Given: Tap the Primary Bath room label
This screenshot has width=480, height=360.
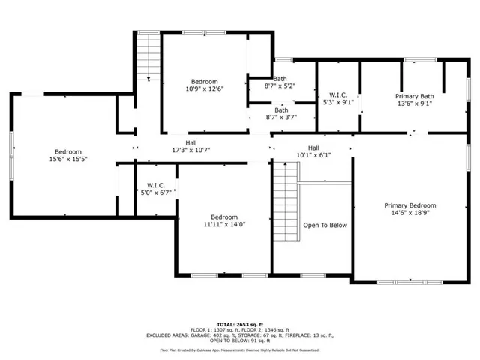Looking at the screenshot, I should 415,96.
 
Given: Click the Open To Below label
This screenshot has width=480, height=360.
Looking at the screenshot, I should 325,225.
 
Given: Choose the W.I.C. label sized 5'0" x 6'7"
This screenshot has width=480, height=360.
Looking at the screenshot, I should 156,184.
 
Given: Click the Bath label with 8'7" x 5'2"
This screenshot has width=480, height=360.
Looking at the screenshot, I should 280,79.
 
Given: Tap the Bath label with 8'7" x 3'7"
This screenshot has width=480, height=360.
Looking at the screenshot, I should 280,109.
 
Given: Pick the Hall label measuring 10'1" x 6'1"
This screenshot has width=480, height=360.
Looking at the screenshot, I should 313,148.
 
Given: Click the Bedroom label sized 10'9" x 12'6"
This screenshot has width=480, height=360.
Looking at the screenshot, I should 204,82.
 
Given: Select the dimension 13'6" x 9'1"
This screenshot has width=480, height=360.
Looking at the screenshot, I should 415,104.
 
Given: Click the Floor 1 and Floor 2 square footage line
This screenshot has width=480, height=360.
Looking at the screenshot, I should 239,329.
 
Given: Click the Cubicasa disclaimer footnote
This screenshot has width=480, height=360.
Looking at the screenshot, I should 239,349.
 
